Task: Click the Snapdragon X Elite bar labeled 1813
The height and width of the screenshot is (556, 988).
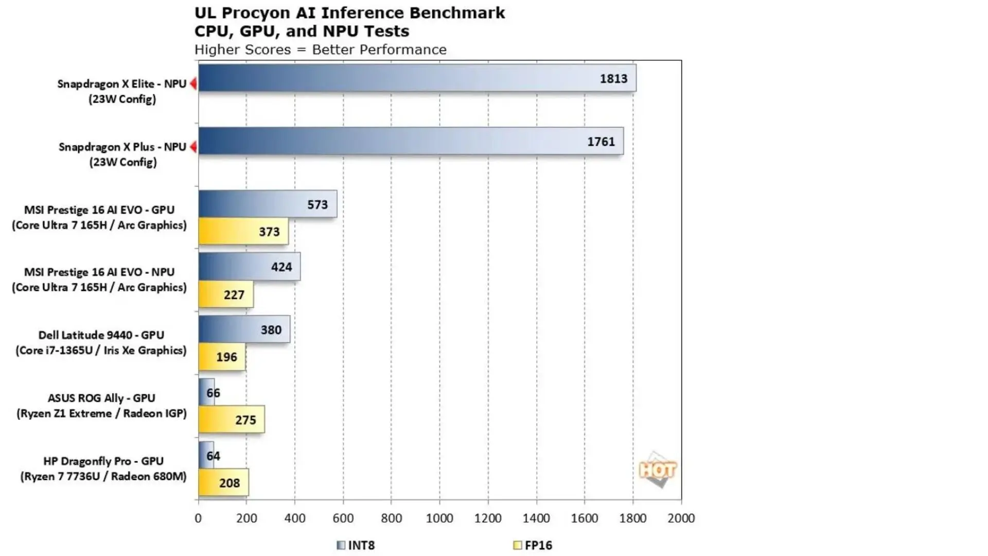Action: [x=417, y=78]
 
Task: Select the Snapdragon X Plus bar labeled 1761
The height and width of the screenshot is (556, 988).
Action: [x=411, y=141]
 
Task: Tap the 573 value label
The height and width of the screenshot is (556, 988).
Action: [x=317, y=204]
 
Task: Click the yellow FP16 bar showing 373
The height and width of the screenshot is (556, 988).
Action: [x=243, y=231]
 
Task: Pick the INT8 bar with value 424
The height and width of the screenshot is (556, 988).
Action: [x=249, y=267]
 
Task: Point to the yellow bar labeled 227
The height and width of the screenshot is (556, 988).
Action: [x=225, y=294]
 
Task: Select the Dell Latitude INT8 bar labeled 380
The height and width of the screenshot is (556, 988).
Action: [x=244, y=329]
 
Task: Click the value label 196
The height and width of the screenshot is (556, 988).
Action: [x=226, y=357]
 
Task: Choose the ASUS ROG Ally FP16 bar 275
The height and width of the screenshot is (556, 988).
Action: [x=231, y=420]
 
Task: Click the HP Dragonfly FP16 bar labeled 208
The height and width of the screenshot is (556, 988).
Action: [x=223, y=482]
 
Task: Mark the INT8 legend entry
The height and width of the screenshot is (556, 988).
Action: [x=356, y=545]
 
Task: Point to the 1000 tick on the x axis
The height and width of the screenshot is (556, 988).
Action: [x=439, y=518]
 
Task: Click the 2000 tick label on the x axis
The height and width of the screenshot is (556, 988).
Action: [x=681, y=518]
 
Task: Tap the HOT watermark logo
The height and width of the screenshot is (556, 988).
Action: [x=657, y=470]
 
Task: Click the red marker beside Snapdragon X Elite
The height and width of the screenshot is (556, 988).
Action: [x=193, y=83]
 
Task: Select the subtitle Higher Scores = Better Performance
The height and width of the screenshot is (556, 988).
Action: [x=320, y=50]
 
